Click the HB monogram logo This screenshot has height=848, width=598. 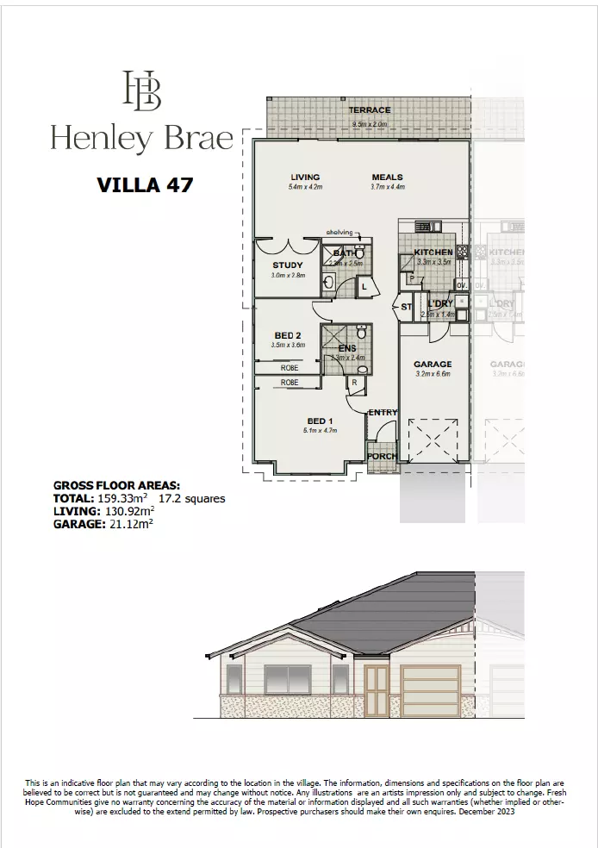point(142,91)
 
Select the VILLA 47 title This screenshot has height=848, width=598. point(144,184)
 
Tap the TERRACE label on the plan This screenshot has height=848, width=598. point(369,110)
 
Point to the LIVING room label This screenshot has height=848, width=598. point(304,178)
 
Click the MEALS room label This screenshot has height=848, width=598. point(388,178)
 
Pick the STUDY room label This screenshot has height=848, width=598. point(287,265)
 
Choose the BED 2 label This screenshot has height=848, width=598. point(287,335)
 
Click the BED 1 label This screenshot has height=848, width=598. point(318,421)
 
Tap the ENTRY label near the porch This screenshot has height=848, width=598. point(383,413)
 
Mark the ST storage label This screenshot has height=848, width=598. point(406,306)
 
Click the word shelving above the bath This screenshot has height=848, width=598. point(339,233)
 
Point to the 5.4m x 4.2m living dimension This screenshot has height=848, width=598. point(304,187)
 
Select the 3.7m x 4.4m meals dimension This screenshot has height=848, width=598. point(388,187)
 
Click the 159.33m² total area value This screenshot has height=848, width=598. point(121,498)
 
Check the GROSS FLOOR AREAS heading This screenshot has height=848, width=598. point(116,486)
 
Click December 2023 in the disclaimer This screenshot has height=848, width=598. point(486,812)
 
